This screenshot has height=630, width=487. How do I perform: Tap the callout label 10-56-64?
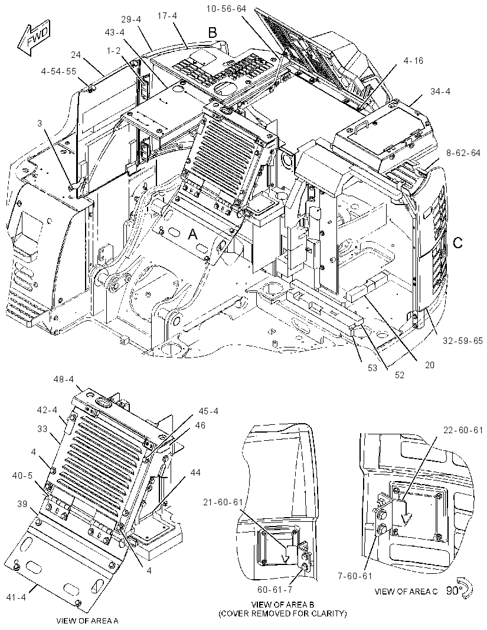[226, 9]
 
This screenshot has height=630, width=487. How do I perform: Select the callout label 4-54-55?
[58, 71]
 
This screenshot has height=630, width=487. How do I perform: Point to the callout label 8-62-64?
[463, 153]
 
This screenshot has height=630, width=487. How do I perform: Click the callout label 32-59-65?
[463, 341]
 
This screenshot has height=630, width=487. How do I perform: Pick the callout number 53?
[372, 367]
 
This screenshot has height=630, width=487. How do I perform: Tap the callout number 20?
[429, 365]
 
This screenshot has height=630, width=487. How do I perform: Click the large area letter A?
[193, 234]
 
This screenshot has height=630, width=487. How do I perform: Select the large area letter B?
[212, 32]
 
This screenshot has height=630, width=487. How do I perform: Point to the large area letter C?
[457, 243]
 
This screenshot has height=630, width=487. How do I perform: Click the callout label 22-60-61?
[463, 430]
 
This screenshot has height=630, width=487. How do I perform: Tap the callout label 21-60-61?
[223, 502]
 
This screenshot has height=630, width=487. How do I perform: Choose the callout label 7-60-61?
[354, 576]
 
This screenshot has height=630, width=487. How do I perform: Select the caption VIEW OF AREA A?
[87, 621]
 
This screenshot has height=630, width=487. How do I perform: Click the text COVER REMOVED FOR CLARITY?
[282, 613]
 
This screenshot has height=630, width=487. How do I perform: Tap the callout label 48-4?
[64, 379]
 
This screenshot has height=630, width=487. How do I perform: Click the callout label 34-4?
[440, 92]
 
